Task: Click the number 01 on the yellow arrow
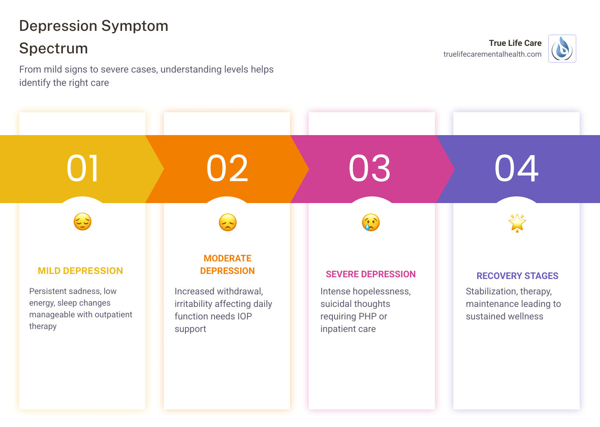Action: coord(82,168)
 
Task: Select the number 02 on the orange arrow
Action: coord(227,168)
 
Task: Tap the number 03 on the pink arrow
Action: coord(370,168)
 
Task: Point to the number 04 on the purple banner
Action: coord(517,168)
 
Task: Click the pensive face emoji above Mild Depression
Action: coord(82,222)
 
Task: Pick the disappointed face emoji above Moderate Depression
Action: coord(227,222)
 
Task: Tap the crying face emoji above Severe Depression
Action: coord(371,222)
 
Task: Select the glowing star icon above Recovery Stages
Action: coord(517,223)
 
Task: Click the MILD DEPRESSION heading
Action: coord(80,271)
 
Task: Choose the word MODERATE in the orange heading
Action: coord(227,259)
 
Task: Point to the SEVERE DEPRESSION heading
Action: coord(371,274)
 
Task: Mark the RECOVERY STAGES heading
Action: coord(517,276)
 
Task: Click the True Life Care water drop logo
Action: coord(562,49)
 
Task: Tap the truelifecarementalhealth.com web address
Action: coord(492,54)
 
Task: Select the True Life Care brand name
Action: coord(515,43)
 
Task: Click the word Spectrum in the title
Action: coord(53,48)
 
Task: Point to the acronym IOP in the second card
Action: coord(245,316)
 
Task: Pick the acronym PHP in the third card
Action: coord(365,316)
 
